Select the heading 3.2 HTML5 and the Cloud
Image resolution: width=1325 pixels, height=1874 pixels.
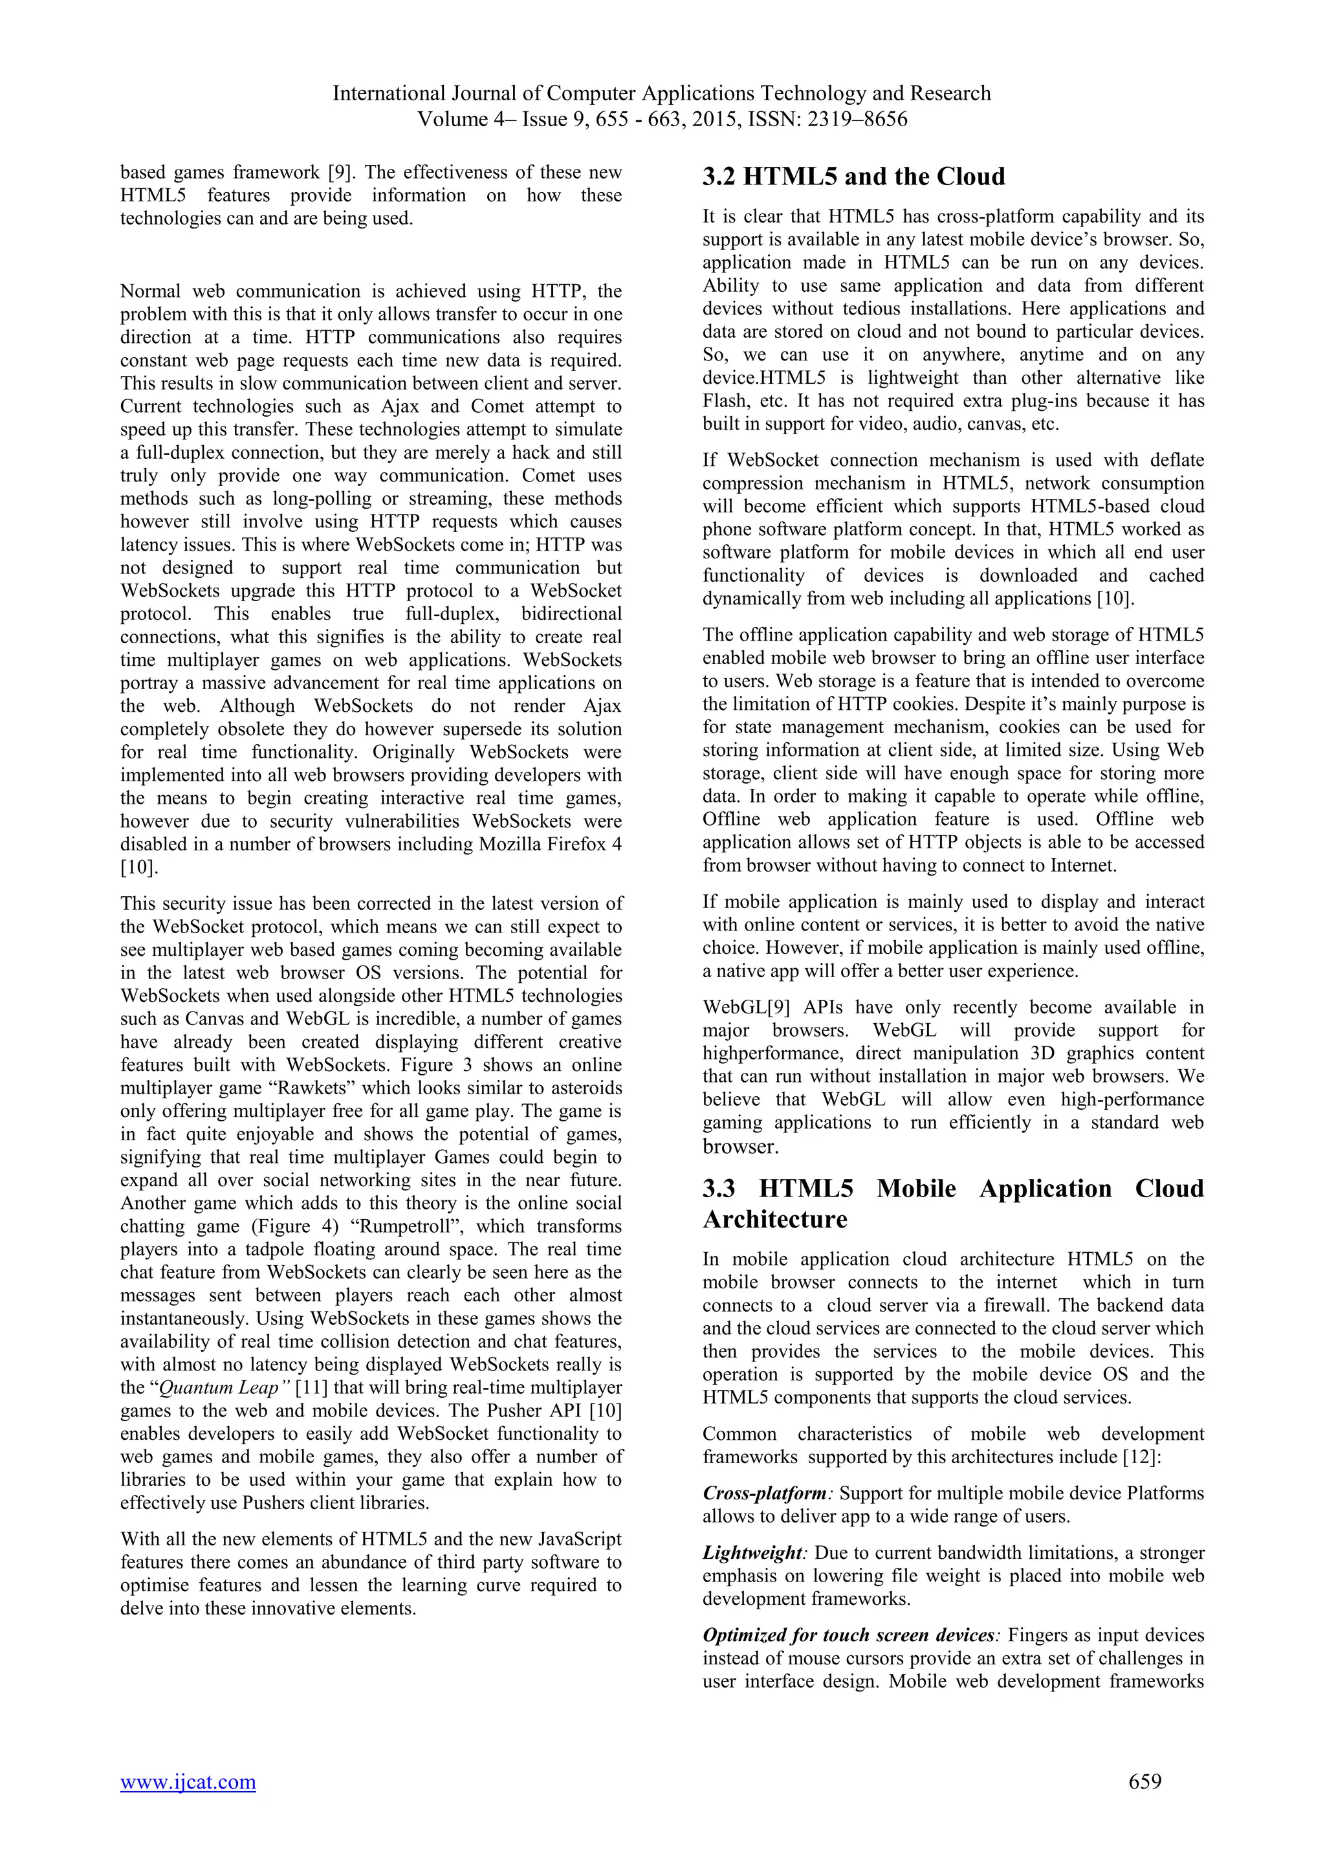coord(853,177)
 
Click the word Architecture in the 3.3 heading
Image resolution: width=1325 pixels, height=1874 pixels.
coord(774,1219)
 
